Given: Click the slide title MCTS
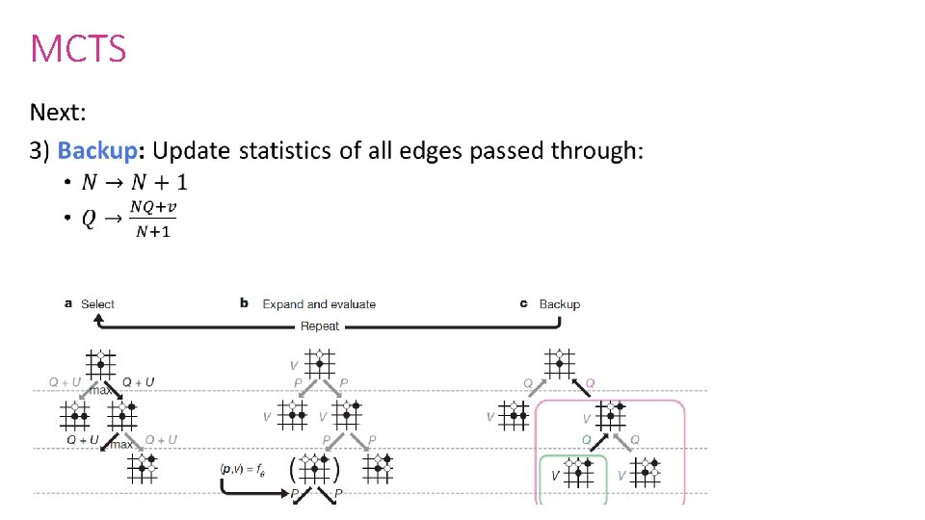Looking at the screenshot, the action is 78,47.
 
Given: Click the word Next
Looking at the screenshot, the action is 58,113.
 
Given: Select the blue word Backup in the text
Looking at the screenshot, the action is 100,151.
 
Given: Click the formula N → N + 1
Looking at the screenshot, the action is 135,182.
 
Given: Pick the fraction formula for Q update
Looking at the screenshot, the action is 129,221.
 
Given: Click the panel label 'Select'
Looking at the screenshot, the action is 97,304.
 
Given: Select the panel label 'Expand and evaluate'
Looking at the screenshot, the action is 319,304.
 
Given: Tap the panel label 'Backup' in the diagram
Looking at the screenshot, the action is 559,304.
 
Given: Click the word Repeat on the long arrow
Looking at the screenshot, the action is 320,325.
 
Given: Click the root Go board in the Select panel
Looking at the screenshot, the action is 99,362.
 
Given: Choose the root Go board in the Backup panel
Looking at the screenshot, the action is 558,362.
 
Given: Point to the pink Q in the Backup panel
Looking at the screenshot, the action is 591,383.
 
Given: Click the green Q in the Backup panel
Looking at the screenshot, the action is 585,439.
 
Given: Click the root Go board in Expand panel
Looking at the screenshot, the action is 318,362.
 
